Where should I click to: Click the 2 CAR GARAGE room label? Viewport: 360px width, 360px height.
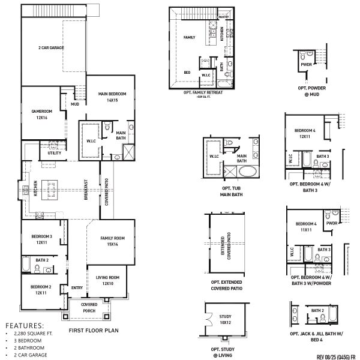52,47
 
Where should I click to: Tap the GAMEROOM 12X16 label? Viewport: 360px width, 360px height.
41,114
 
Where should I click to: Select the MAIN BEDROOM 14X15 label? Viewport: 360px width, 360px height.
110,97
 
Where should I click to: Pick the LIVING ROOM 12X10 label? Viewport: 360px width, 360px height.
108,280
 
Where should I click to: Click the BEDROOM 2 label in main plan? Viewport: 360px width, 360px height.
41,289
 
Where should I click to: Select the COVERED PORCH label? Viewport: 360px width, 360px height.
89,308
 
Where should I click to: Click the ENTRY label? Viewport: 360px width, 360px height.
77,288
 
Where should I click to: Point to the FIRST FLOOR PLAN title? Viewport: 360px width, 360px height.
93,330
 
